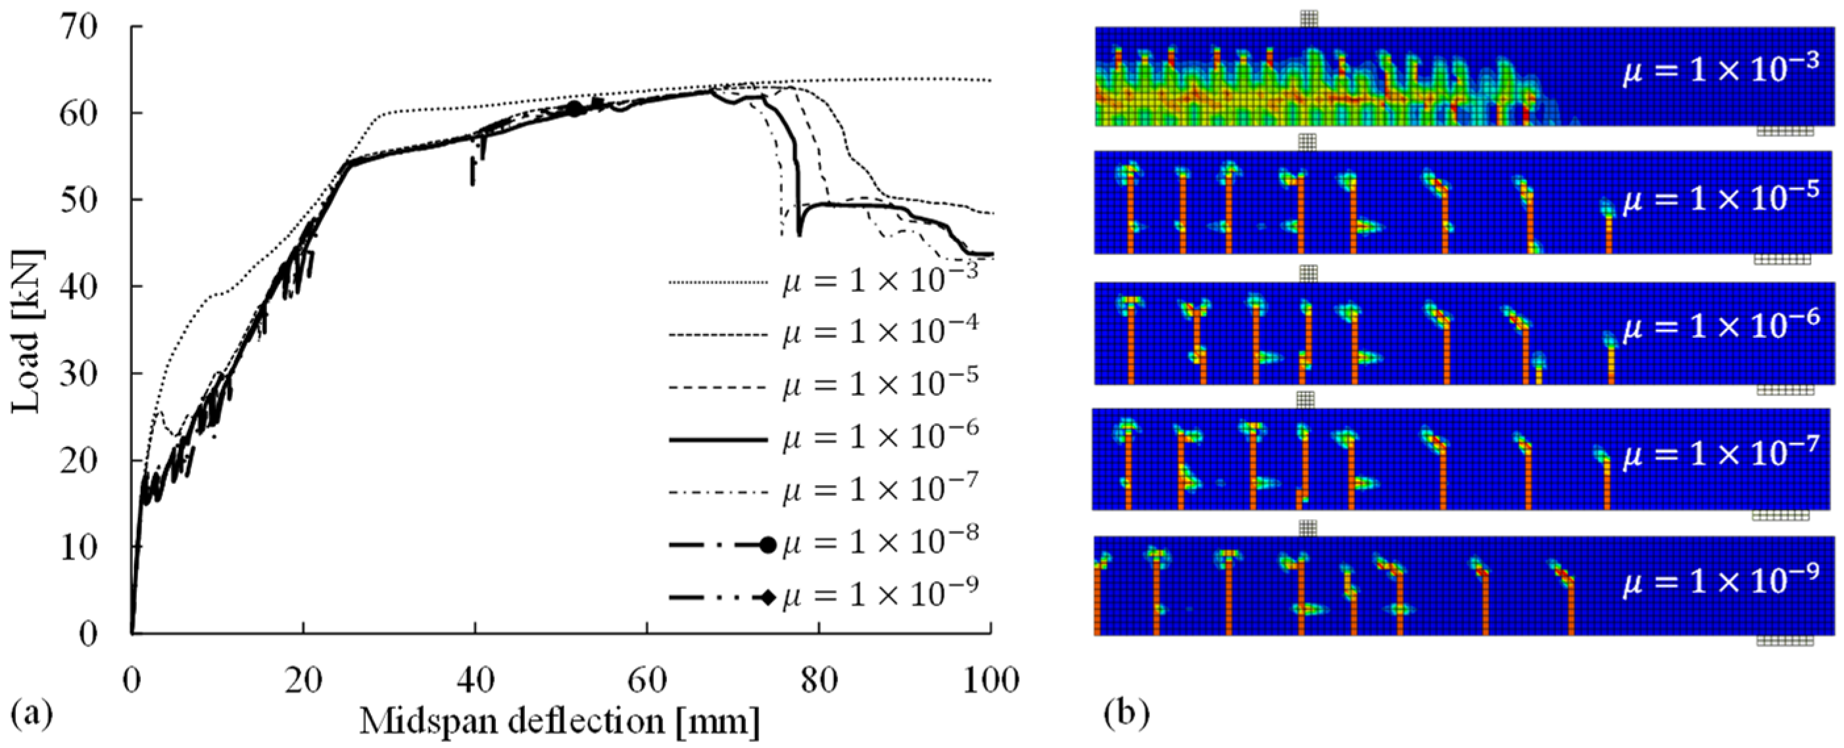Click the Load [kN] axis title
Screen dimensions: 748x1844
pos(27,331)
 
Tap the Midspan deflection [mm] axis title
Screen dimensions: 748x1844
pos(560,722)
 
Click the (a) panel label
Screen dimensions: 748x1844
pos(33,714)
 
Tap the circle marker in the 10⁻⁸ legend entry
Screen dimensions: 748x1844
pos(768,546)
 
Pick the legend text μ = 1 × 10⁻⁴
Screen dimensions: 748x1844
pos(880,333)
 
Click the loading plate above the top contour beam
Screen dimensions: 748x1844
pos(1309,19)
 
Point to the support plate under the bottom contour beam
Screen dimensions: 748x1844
pos(1785,642)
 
